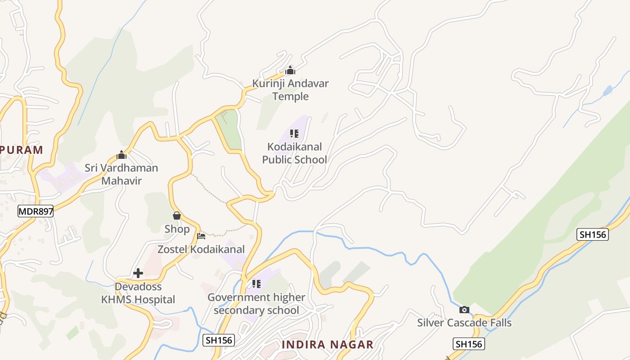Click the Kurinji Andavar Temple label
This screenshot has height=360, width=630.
290,90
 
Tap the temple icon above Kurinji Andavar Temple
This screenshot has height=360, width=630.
290,70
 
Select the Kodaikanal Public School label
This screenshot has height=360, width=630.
294,153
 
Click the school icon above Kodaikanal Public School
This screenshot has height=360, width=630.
294,134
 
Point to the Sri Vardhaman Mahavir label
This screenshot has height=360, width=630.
121,174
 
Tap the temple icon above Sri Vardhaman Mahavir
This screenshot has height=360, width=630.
121,155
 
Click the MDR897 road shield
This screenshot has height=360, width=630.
36,211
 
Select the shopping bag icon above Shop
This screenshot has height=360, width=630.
177,216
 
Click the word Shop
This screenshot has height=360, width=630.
177,229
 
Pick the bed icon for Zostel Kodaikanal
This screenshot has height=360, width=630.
201,236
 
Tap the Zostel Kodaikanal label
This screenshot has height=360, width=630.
201,249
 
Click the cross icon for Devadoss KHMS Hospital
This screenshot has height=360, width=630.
138,273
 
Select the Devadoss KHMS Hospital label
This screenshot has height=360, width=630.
138,293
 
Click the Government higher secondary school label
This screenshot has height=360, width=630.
256,304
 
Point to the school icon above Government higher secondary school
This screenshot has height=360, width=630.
256,284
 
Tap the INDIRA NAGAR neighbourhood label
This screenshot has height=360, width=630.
328,345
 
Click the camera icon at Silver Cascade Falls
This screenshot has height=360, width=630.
464,310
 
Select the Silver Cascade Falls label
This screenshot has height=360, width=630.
464,323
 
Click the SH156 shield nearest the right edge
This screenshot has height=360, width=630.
592,234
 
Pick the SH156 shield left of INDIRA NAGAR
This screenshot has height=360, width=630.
219,340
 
